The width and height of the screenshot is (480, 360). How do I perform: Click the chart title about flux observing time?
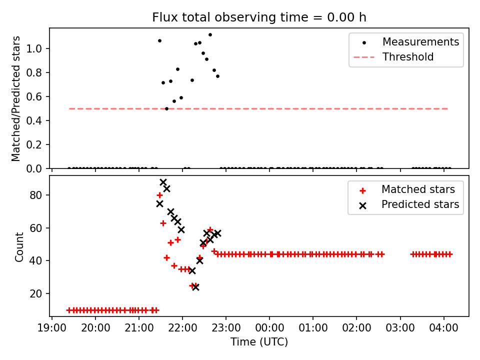click(x=259, y=17)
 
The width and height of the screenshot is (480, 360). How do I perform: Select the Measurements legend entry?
click(x=420, y=42)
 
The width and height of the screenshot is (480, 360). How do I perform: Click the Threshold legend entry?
click(x=408, y=57)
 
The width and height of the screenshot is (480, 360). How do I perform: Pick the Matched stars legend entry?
click(x=418, y=189)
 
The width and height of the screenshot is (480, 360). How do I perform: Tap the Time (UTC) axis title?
click(x=259, y=342)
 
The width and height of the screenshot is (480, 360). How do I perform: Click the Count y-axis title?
click(x=19, y=246)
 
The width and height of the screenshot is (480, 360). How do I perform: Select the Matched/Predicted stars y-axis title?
click(x=16, y=98)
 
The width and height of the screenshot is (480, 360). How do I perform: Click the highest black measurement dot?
click(x=210, y=34)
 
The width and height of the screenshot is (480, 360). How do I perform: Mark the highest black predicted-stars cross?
click(x=163, y=182)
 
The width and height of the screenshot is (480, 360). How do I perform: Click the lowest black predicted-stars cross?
click(x=195, y=287)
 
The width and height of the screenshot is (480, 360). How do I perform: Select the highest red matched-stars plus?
click(x=159, y=195)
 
